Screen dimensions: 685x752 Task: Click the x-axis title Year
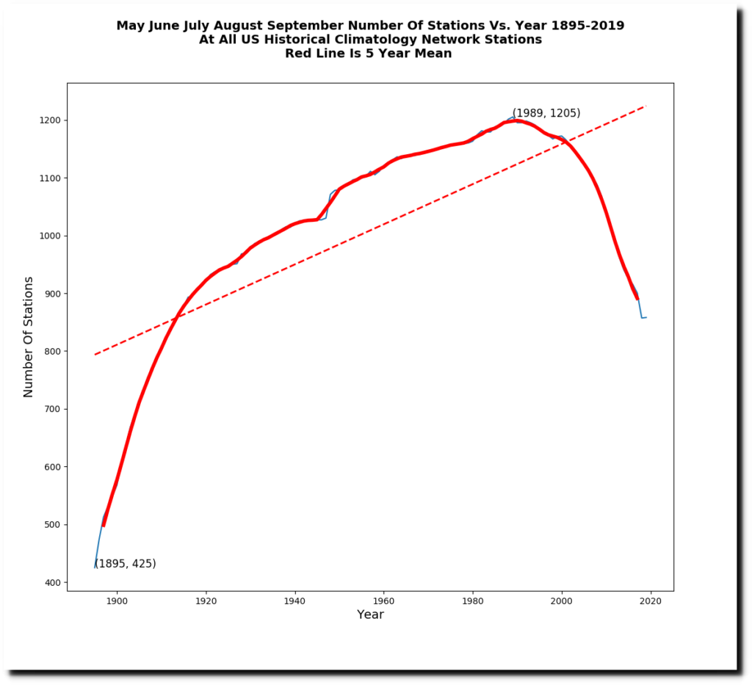pos(370,615)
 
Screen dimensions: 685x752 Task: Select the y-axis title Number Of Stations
pos(29,337)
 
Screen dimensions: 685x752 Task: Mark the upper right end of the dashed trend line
pos(645,106)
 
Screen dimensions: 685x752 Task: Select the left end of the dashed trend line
pos(95,355)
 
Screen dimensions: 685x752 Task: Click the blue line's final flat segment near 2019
pos(644,318)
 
